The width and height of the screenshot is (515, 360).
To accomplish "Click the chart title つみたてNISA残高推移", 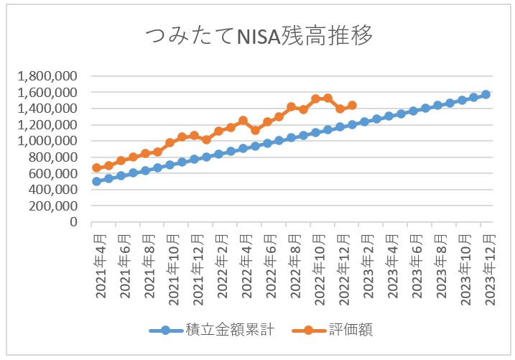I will click(259, 37).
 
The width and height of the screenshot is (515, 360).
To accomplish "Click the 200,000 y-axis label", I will click(53, 206).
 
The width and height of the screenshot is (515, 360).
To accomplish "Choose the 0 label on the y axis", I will click(74, 222).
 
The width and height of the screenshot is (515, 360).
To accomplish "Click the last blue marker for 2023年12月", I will click(486, 94).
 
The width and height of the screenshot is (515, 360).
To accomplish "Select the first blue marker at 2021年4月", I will click(96, 181).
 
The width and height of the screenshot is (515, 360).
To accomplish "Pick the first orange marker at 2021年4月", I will click(96, 168).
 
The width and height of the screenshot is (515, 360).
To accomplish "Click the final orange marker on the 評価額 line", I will click(352, 106).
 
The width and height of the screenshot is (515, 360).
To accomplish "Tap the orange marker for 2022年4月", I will click(243, 121).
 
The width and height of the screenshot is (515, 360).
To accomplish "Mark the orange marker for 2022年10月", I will click(316, 98).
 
